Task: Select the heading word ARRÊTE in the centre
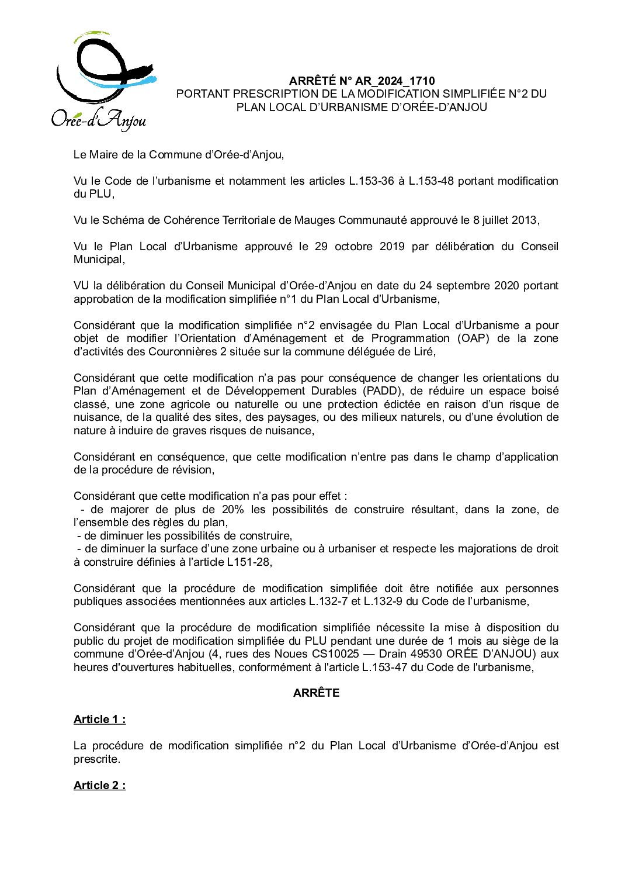[x=316, y=693]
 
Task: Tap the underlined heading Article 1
[x=99, y=720]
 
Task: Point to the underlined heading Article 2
[x=99, y=785]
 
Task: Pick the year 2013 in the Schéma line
[x=524, y=220]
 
